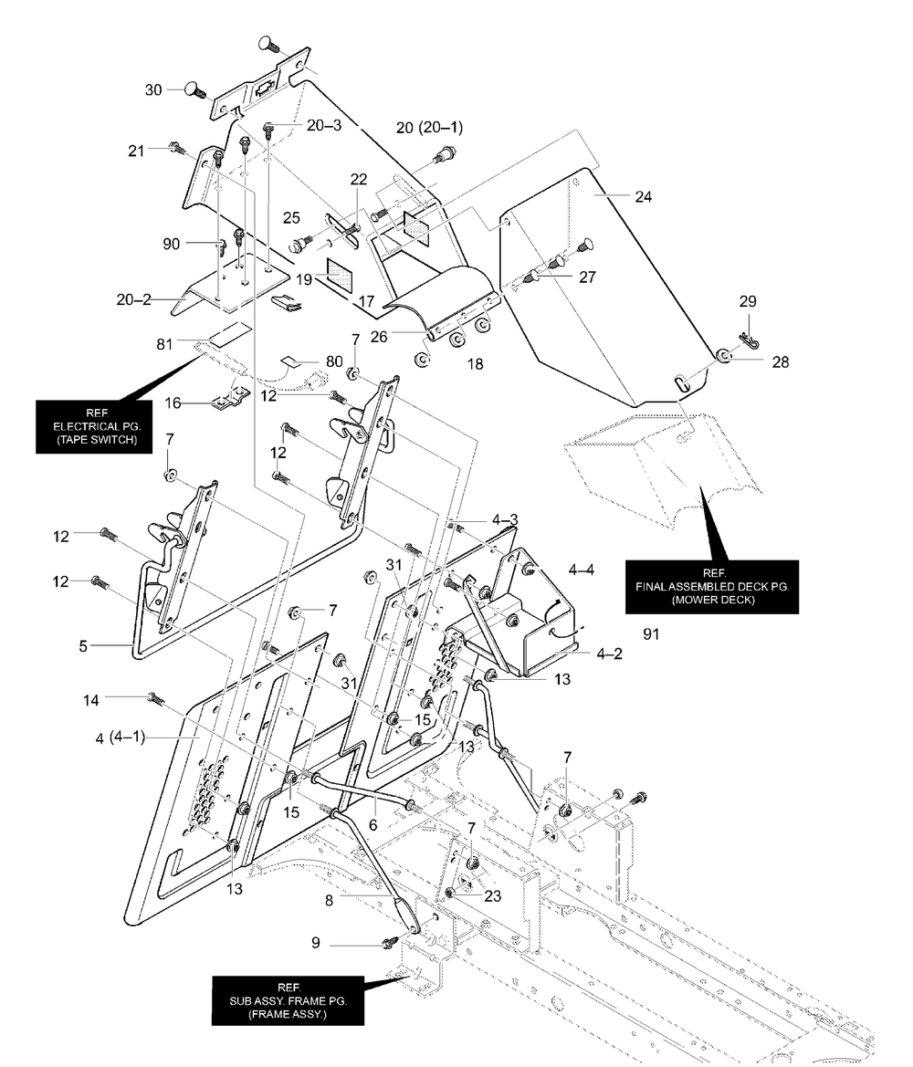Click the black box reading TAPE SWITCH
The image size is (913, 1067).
pyautogui.click(x=98, y=426)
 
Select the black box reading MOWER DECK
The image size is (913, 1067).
pyautogui.click(x=712, y=587)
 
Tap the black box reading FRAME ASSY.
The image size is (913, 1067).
pyautogui.click(x=288, y=1000)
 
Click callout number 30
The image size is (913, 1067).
pyautogui.click(x=154, y=89)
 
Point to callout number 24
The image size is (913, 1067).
pyautogui.click(x=644, y=196)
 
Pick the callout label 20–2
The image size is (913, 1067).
pyautogui.click(x=134, y=299)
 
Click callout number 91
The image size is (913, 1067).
pyautogui.click(x=652, y=634)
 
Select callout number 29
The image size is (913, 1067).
pyautogui.click(x=748, y=301)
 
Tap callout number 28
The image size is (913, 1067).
pyautogui.click(x=781, y=362)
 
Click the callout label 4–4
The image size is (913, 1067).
pyautogui.click(x=582, y=570)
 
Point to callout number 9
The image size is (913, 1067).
pyautogui.click(x=315, y=943)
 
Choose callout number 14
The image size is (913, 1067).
pyautogui.click(x=91, y=700)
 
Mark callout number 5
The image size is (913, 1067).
pyautogui.click(x=83, y=646)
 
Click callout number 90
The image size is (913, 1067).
pyautogui.click(x=172, y=244)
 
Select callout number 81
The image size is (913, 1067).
pyautogui.click(x=164, y=344)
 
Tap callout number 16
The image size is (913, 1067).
pyautogui.click(x=173, y=403)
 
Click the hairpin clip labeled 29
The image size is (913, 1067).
pyautogui.click(x=743, y=339)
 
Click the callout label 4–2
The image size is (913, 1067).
pyautogui.click(x=609, y=654)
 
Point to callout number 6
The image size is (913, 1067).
pyautogui.click(x=373, y=824)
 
